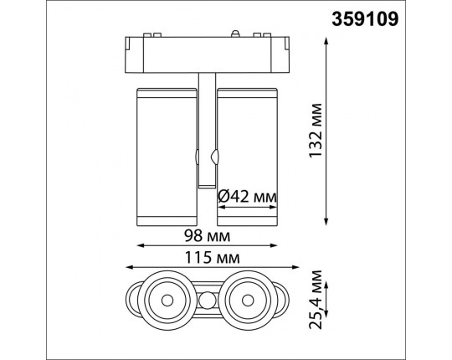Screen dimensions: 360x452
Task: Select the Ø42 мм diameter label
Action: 247,197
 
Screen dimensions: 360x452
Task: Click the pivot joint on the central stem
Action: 206,157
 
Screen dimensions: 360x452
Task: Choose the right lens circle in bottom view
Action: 248,296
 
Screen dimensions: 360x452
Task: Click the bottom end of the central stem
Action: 206,184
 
